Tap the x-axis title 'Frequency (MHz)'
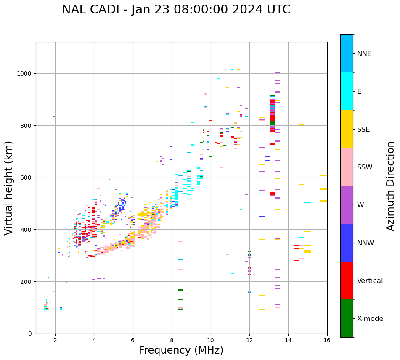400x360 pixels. click(181, 350)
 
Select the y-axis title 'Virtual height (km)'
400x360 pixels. click(9, 188)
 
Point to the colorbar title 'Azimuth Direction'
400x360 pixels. click(391, 186)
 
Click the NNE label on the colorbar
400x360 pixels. click(364, 53)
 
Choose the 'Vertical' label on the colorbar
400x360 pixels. click(370, 281)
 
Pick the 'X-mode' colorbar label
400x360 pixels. click(370, 318)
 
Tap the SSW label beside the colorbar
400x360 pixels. click(365, 167)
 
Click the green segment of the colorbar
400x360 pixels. click(347, 318)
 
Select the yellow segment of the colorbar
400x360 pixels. click(347, 129)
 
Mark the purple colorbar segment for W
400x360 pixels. click(347, 205)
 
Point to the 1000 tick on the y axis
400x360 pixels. click(25, 74)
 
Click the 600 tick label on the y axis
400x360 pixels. click(26, 177)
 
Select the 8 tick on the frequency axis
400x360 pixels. click(172, 341)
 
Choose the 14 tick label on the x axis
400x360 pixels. click(288, 341)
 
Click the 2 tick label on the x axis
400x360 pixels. click(55, 341)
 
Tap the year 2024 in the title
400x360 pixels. click(251, 10)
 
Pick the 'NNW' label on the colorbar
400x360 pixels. click(366, 243)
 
